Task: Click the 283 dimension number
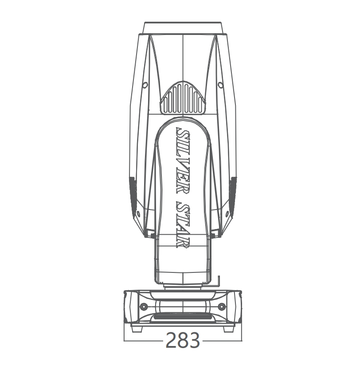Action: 183,340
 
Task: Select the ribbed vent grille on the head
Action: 183,97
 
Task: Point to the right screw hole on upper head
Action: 220,85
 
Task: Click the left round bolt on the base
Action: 143,307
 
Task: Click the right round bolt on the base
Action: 222,307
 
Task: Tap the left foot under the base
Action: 137,329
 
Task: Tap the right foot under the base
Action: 229,329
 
